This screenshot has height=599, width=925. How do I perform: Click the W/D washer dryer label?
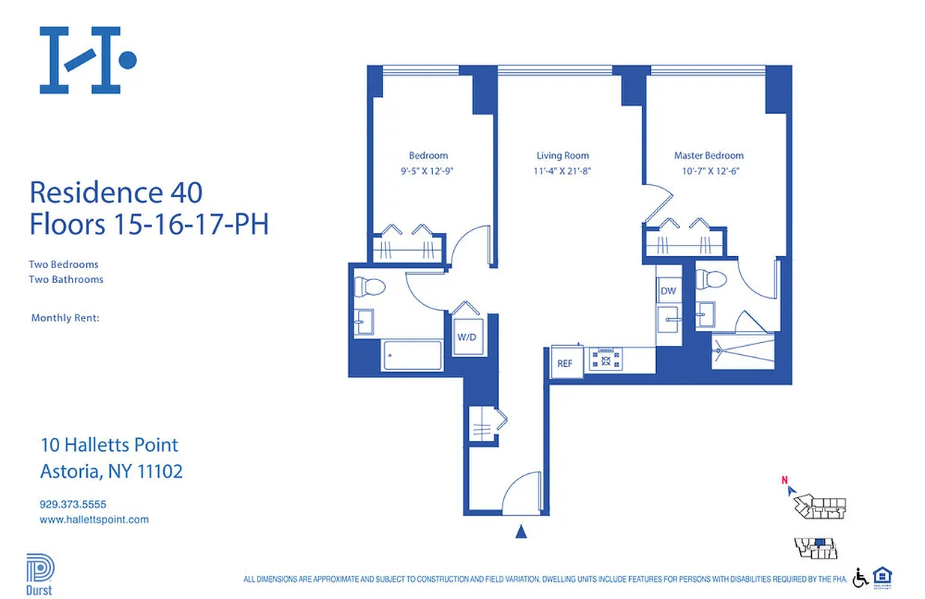coord(467,337)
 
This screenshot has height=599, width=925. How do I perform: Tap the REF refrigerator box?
coord(565,363)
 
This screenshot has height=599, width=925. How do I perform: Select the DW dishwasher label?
coord(667,291)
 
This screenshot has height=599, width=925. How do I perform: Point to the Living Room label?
coord(562,156)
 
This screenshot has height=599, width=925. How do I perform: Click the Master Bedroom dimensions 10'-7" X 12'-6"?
coord(709,171)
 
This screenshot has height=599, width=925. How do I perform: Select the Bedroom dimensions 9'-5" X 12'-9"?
coord(428,171)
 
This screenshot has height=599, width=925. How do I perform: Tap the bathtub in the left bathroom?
coord(412,356)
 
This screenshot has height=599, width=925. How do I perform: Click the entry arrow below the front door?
coord(522,532)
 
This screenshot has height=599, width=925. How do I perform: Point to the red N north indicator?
coord(784,481)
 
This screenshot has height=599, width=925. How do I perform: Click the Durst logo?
coord(37,573)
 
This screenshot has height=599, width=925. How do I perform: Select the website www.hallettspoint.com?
coord(94,519)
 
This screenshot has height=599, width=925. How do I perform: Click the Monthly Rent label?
coord(65,318)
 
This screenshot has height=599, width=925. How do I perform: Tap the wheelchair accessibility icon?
coord(861,577)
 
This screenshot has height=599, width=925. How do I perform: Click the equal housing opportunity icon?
coord(882,577)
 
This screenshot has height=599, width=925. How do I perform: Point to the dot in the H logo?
coord(127,60)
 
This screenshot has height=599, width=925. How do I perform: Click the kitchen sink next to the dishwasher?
coord(668,321)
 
